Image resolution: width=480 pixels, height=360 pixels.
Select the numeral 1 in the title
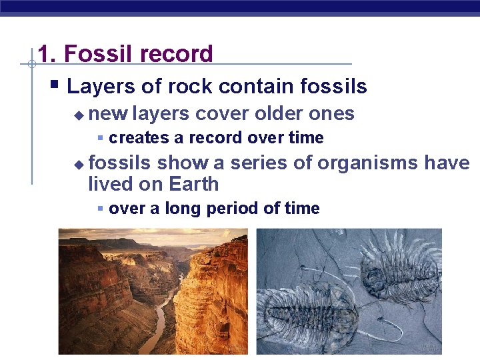[x=44, y=54]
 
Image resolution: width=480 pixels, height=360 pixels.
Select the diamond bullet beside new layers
[x=79, y=115]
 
